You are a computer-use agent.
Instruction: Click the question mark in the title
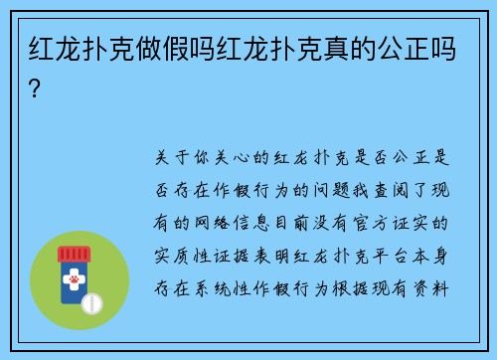pyautogui.click(x=36, y=90)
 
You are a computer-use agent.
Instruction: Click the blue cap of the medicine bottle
pyautogui.click(x=75, y=253)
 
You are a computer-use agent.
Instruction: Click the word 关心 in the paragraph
pyautogui.click(x=232, y=157)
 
